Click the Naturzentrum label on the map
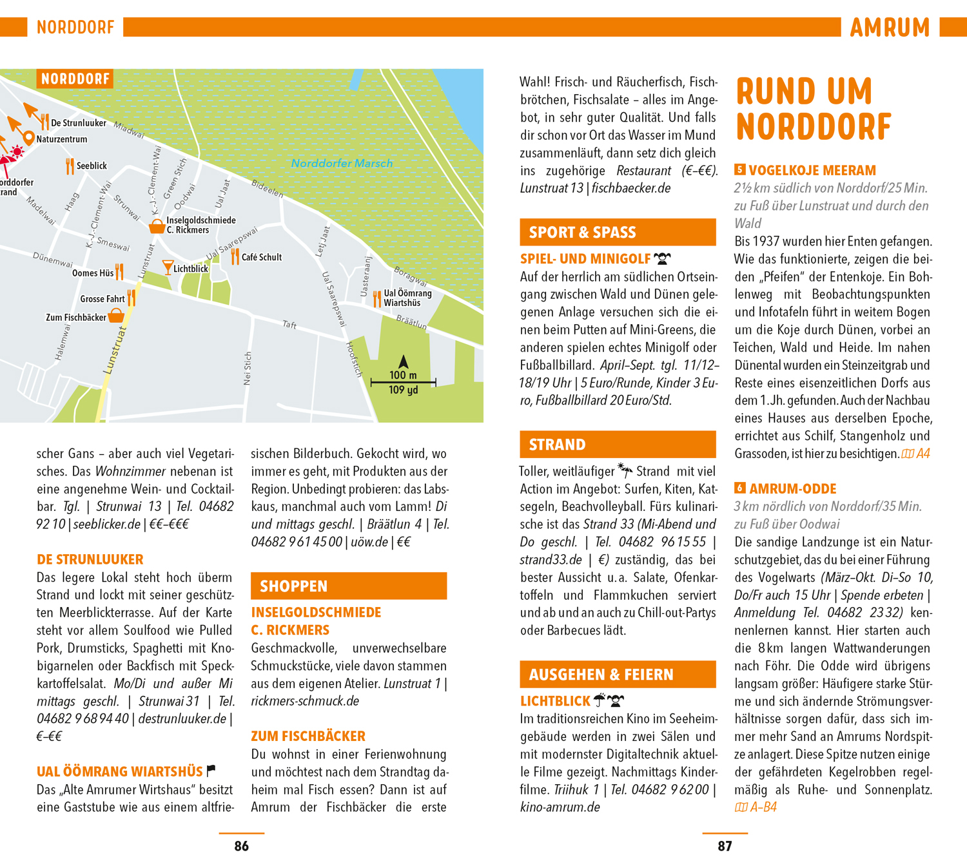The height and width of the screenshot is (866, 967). tap(61, 139)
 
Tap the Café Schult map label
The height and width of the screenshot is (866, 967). tap(261, 257)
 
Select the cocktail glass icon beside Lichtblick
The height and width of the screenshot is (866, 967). tap(168, 267)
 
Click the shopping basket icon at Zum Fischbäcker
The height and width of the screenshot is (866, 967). tap(116, 316)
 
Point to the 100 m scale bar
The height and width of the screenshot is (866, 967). tap(404, 383)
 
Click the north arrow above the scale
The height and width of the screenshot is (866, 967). tap(404, 361)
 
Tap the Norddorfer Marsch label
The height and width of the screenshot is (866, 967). tap(342, 164)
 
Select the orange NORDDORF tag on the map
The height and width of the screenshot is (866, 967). tap(75, 79)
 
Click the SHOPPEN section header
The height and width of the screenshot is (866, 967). tap(348, 586)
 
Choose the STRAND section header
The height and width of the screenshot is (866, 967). tap(618, 445)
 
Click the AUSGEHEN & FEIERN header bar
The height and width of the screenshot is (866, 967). tap(618, 675)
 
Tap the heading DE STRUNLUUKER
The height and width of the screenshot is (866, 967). tap(90, 559)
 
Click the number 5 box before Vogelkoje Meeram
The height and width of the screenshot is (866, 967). tap(740, 170)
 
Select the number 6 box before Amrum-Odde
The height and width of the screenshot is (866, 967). tap(740, 488)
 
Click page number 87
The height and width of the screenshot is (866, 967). tap(725, 846)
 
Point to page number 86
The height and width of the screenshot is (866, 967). tap(242, 846)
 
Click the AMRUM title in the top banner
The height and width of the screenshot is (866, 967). tap(890, 28)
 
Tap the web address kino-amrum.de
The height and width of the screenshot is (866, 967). tap(560, 807)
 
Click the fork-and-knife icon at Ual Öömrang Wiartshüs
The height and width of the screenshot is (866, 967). tap(376, 298)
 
